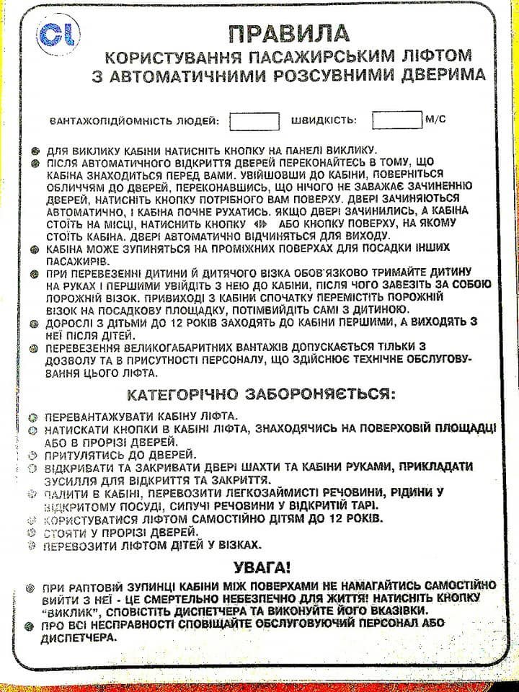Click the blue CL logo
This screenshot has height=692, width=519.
61,34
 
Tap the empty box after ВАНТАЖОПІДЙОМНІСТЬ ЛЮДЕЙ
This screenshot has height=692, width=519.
254,120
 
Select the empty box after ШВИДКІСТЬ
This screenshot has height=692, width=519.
396,120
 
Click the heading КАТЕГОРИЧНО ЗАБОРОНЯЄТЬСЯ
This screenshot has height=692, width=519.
261,395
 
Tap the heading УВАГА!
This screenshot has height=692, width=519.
262,567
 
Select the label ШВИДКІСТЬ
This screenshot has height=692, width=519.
323,120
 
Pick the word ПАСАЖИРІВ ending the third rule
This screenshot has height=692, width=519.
77,260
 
